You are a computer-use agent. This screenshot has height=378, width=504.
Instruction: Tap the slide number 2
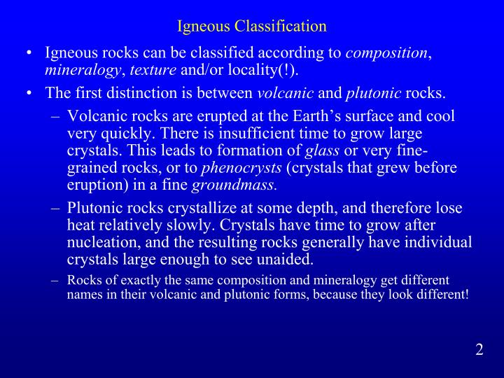[479, 350]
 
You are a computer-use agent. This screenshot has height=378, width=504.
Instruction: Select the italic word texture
[154, 69]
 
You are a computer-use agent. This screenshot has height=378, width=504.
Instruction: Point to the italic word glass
[324, 150]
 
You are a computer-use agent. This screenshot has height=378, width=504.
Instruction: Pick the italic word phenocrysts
[240, 167]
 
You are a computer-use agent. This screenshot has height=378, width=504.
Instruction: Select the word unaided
[285, 260]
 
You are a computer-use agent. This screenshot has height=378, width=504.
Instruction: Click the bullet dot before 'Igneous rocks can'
[27, 52]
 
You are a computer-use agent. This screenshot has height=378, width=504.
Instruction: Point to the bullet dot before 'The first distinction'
[27, 92]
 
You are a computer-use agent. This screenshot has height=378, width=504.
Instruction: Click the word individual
[435, 242]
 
